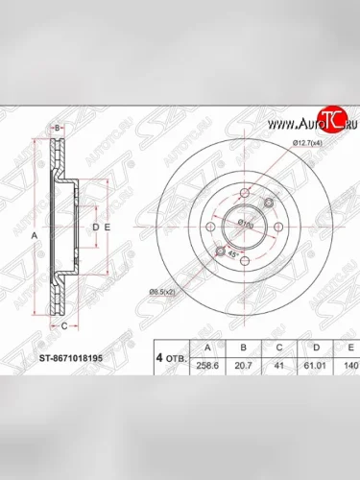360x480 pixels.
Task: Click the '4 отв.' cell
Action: coord(171,358)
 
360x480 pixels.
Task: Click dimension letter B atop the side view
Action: coord(58,127)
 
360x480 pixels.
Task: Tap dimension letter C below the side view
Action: coord(64,326)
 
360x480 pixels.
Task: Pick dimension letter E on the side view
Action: coord(108,227)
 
